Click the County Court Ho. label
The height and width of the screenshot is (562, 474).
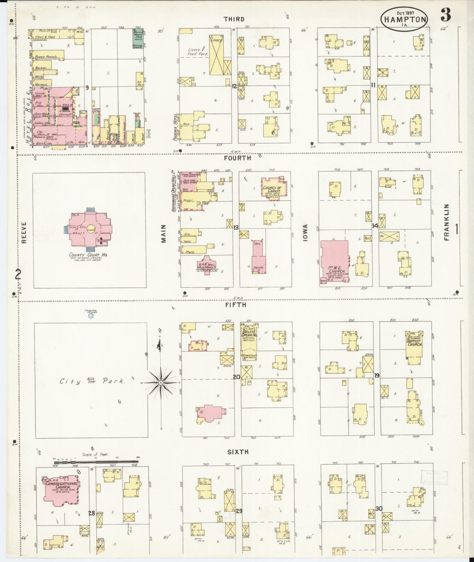point(90,255)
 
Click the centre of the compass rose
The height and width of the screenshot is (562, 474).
point(161,383)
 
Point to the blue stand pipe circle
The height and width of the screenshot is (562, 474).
point(91,316)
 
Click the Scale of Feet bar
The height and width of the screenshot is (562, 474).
point(96,462)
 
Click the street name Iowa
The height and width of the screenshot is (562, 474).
point(305,233)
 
